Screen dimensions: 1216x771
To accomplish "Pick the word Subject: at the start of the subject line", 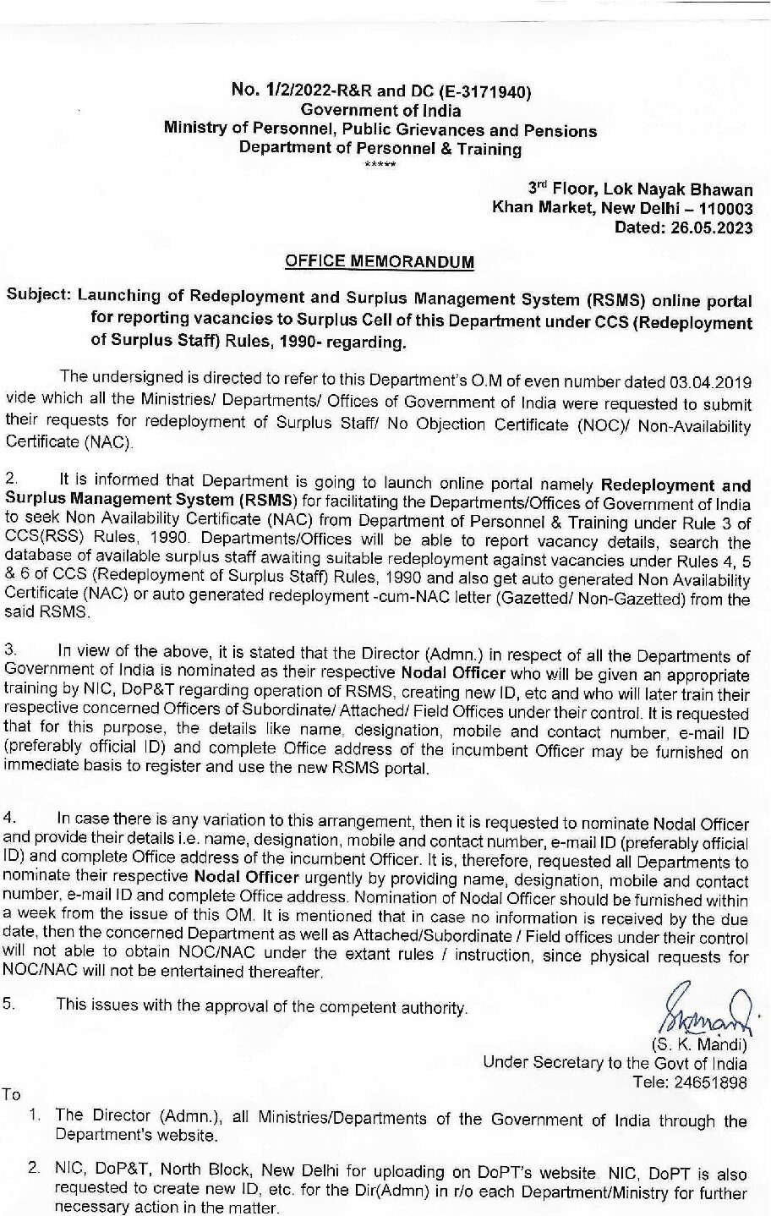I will coord(39,298).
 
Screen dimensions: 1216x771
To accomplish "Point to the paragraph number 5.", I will coord(10,1005).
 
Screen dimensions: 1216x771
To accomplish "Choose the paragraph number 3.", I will coord(10,650).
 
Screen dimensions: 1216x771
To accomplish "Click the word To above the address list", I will coord(12,1094).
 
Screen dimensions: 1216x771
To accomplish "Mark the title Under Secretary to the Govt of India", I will coord(615,1063).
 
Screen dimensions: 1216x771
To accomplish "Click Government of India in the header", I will coord(381,111).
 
